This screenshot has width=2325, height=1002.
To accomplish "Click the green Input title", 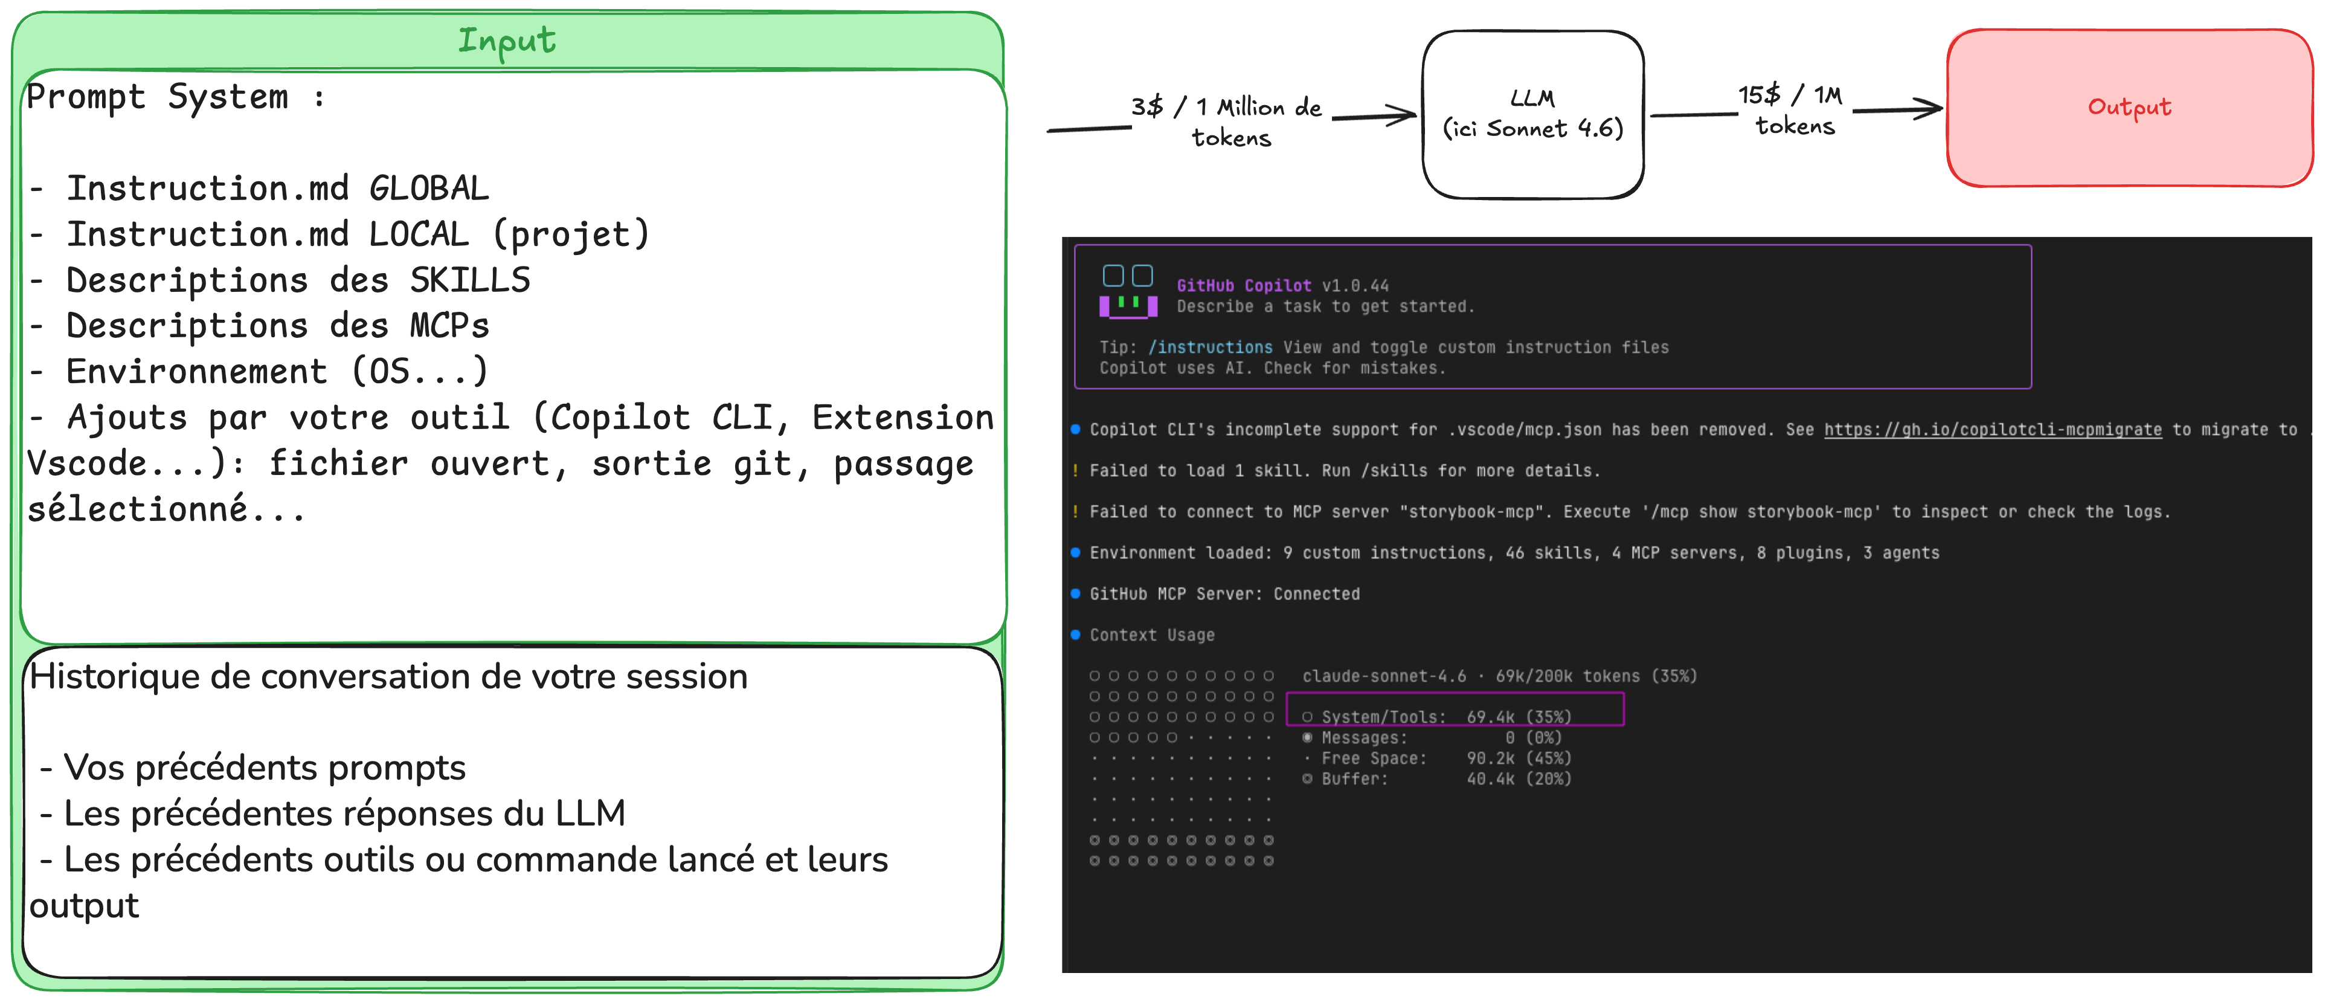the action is (506, 40).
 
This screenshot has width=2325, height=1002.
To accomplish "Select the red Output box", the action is (2129, 108).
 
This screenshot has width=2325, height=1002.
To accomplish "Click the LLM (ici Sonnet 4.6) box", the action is (1532, 115).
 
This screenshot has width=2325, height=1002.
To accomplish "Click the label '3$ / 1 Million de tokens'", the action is (1227, 122).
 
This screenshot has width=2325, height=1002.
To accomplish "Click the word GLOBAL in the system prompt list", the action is (429, 188).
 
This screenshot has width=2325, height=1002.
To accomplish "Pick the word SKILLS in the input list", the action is (469, 280).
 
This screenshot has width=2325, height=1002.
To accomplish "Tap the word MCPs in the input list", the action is (449, 325).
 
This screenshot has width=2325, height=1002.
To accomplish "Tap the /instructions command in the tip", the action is (1211, 347).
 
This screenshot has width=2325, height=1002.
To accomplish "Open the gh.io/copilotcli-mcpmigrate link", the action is (1993, 430).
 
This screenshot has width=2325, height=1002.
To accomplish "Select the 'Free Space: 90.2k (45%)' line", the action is (1437, 758).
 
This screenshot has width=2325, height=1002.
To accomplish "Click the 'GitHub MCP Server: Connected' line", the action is (1225, 594).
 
